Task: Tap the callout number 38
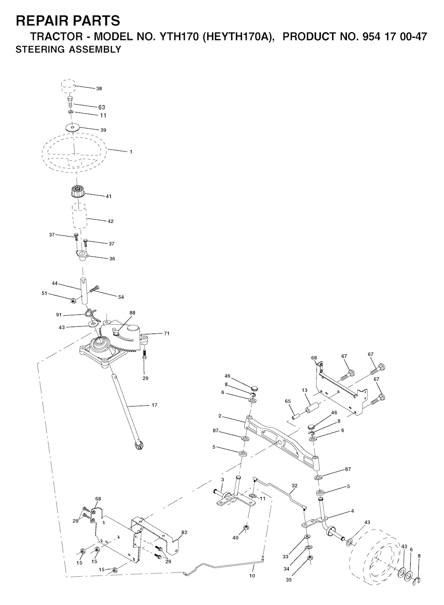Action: tap(99, 89)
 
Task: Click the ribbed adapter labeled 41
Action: tap(78, 192)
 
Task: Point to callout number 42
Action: tap(111, 221)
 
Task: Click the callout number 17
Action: tap(154, 405)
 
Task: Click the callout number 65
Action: tap(287, 402)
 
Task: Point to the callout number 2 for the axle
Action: tap(220, 416)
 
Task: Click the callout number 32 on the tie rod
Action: tap(295, 486)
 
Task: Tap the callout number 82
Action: tap(185, 532)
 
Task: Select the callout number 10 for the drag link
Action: tap(252, 576)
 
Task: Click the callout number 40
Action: tap(235, 538)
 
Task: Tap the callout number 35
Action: tap(289, 579)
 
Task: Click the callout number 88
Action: tap(132, 312)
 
